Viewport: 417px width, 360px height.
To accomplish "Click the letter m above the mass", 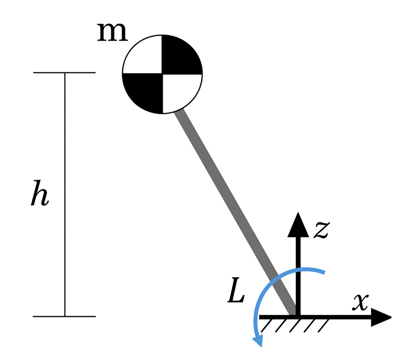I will point(112,33).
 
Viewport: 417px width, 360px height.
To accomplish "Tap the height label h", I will point(40,195).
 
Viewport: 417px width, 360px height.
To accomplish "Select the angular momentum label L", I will point(236,294).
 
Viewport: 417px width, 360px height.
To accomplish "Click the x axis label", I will point(360,302).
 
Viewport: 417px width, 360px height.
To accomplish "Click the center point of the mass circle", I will point(162,74).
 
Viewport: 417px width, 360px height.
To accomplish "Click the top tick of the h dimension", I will point(64,73).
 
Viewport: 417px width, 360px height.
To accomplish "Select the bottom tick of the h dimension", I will point(64,317).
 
